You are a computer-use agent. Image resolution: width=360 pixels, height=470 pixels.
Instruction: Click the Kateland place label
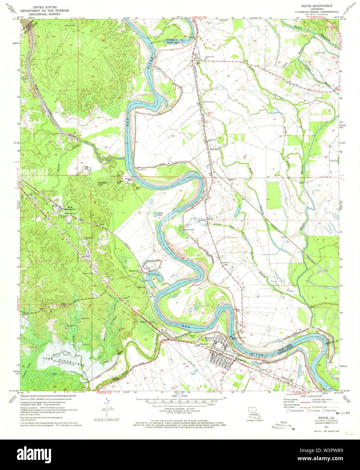click(x=215, y=149)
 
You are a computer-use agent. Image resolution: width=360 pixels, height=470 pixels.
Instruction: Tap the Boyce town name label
click(x=208, y=338)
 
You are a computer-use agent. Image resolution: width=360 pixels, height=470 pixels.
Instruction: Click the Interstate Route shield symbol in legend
click(x=288, y=411)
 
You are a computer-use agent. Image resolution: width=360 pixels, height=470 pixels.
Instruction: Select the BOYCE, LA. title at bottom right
click(x=317, y=418)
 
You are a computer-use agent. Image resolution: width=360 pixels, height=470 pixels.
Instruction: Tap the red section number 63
click(x=139, y=213)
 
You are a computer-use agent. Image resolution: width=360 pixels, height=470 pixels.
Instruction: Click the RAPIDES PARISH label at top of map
click(x=174, y=40)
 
